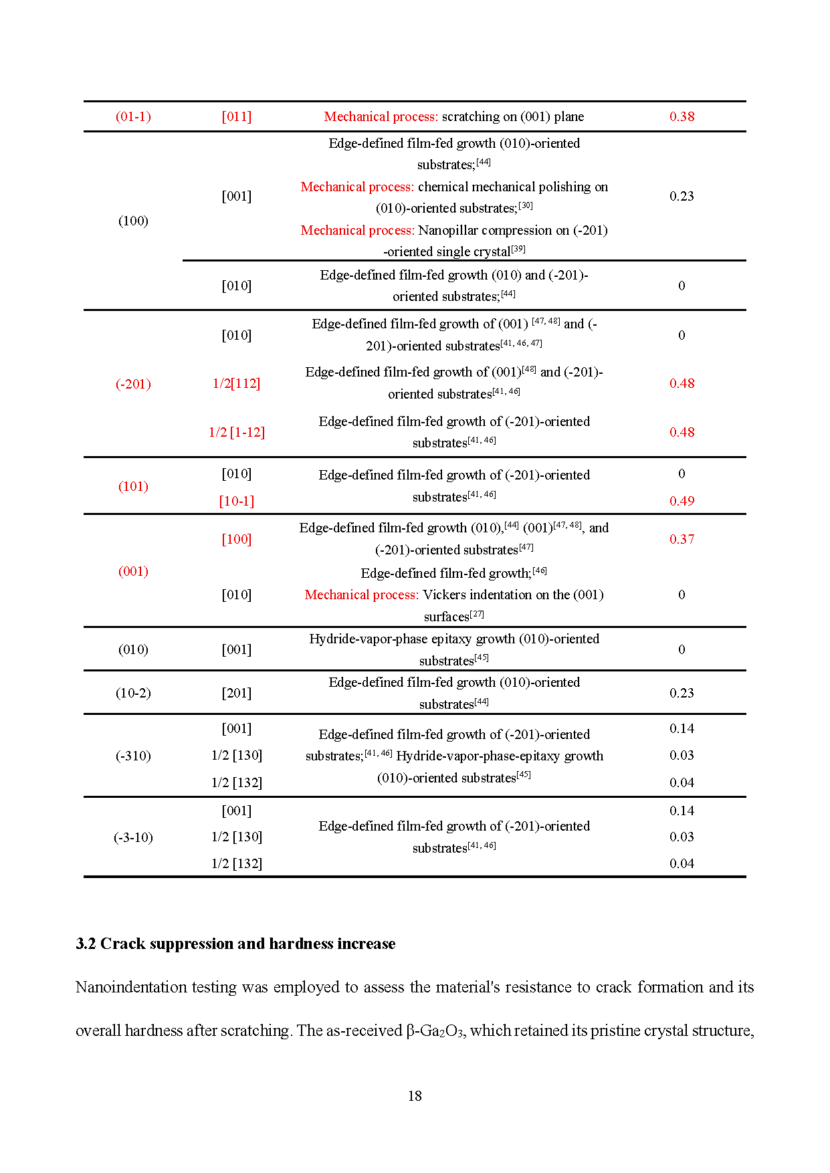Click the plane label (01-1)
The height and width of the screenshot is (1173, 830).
click(133, 116)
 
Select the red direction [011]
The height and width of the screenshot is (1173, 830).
click(237, 116)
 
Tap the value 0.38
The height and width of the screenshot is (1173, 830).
click(682, 116)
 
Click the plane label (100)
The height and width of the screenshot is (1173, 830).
click(133, 221)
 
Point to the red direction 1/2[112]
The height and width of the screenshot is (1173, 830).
click(236, 383)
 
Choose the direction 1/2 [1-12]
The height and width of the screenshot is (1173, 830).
click(237, 432)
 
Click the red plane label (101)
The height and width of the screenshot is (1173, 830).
click(133, 486)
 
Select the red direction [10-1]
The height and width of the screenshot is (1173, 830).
click(237, 501)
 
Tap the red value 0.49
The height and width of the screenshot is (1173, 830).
click(682, 501)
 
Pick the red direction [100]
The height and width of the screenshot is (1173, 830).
click(237, 539)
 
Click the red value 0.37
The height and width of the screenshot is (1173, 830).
click(682, 539)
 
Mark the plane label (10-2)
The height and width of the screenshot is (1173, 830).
click(133, 693)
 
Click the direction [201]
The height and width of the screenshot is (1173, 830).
click(237, 693)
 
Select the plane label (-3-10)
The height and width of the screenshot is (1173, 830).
click(133, 837)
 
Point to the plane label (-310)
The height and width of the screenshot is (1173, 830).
click(133, 756)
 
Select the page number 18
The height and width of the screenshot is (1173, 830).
click(415, 1095)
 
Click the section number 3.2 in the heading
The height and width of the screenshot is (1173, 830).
click(86, 944)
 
